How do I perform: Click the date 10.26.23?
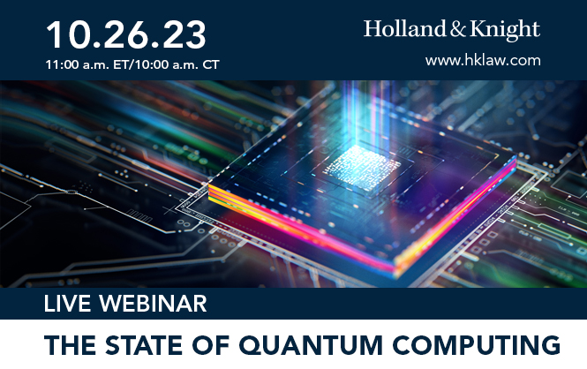click(125, 34)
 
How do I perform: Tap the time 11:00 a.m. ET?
click(87, 64)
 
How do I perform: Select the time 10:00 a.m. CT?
click(177, 64)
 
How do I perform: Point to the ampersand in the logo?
click(457, 29)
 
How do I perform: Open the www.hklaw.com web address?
click(483, 60)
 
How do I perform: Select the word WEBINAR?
click(153, 303)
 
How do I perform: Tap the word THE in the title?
click(70, 344)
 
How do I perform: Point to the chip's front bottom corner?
click(394, 268)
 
